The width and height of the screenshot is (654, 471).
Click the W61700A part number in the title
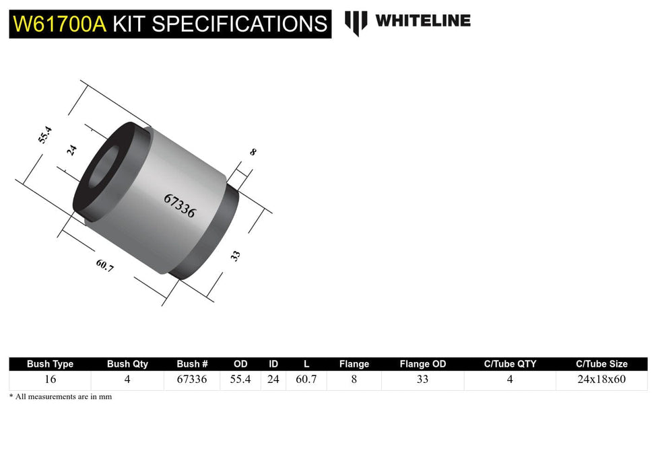point(60,24)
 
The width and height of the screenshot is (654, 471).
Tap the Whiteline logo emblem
point(356,22)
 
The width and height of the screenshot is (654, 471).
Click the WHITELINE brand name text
point(422,21)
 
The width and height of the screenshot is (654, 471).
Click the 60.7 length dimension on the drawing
point(104,266)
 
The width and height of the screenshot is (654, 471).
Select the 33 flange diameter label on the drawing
point(236,256)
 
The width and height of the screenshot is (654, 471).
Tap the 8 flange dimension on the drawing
point(253,152)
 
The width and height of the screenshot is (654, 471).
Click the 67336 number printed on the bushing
point(179,205)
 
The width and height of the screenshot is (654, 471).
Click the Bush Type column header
point(50,364)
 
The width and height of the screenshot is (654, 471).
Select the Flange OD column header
point(422,364)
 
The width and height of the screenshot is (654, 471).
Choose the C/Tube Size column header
point(601,364)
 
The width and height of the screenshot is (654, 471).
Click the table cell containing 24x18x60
point(601,379)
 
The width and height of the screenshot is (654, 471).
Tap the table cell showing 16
point(50,379)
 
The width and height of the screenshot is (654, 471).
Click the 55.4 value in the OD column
point(240,379)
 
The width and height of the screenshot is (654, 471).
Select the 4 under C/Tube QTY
point(510,379)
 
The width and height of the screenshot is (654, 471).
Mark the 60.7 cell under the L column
point(306,379)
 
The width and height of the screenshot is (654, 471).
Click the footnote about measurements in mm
point(61,397)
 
